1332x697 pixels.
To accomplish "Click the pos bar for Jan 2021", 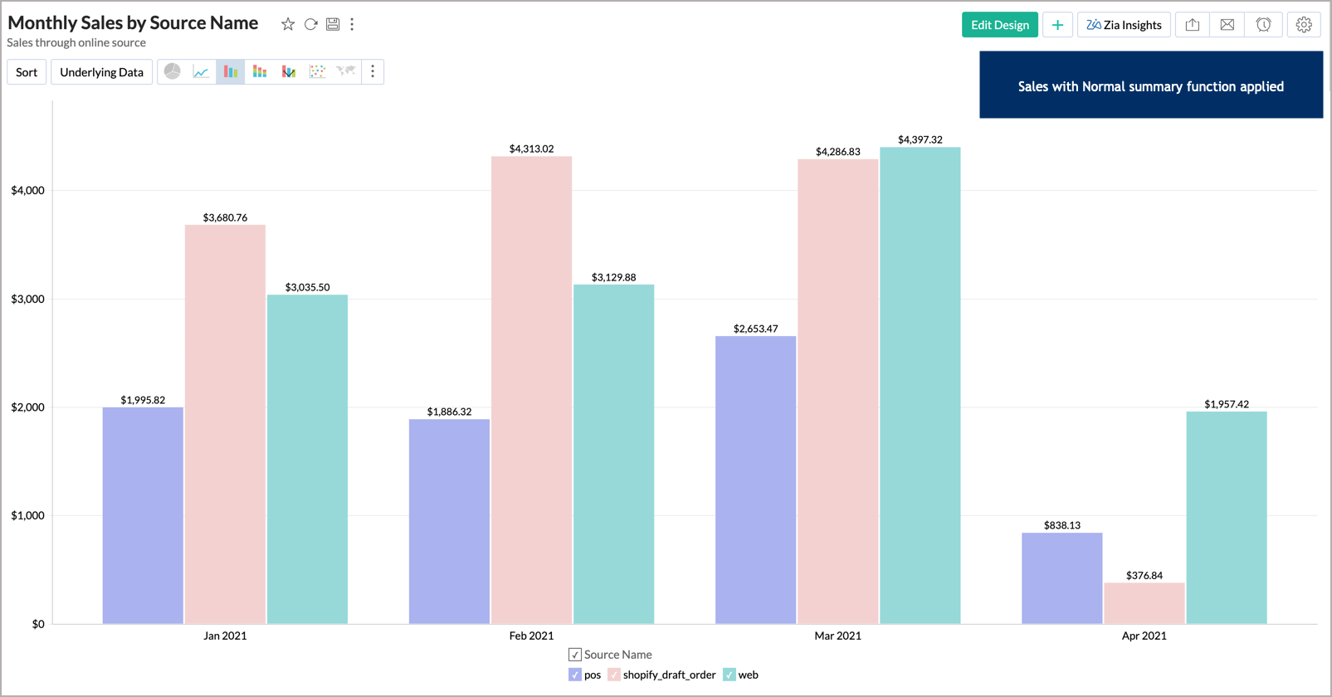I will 143,514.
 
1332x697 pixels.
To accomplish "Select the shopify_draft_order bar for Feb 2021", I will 531,390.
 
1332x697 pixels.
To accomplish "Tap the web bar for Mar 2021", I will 920,386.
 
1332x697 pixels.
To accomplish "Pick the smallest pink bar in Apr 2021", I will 1144,603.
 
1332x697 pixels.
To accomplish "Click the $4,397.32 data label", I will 920,139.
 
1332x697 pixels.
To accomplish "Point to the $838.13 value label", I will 1061,525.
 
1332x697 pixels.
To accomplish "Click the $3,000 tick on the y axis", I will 27,299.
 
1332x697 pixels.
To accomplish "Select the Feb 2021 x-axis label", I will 531,636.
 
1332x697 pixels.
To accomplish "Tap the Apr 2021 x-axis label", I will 1144,636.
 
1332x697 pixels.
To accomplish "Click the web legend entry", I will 740,675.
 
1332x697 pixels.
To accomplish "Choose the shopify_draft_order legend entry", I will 661,675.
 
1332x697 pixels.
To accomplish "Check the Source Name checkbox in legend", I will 575,655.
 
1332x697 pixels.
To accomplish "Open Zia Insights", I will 1124,25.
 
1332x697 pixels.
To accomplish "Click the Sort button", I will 27,72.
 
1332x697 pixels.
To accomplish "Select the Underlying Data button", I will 101,72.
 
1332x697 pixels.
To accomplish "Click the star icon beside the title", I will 288,24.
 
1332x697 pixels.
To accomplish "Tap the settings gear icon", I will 1304,25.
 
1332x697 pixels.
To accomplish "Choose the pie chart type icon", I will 173,71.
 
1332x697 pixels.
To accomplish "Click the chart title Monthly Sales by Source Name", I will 133,22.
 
